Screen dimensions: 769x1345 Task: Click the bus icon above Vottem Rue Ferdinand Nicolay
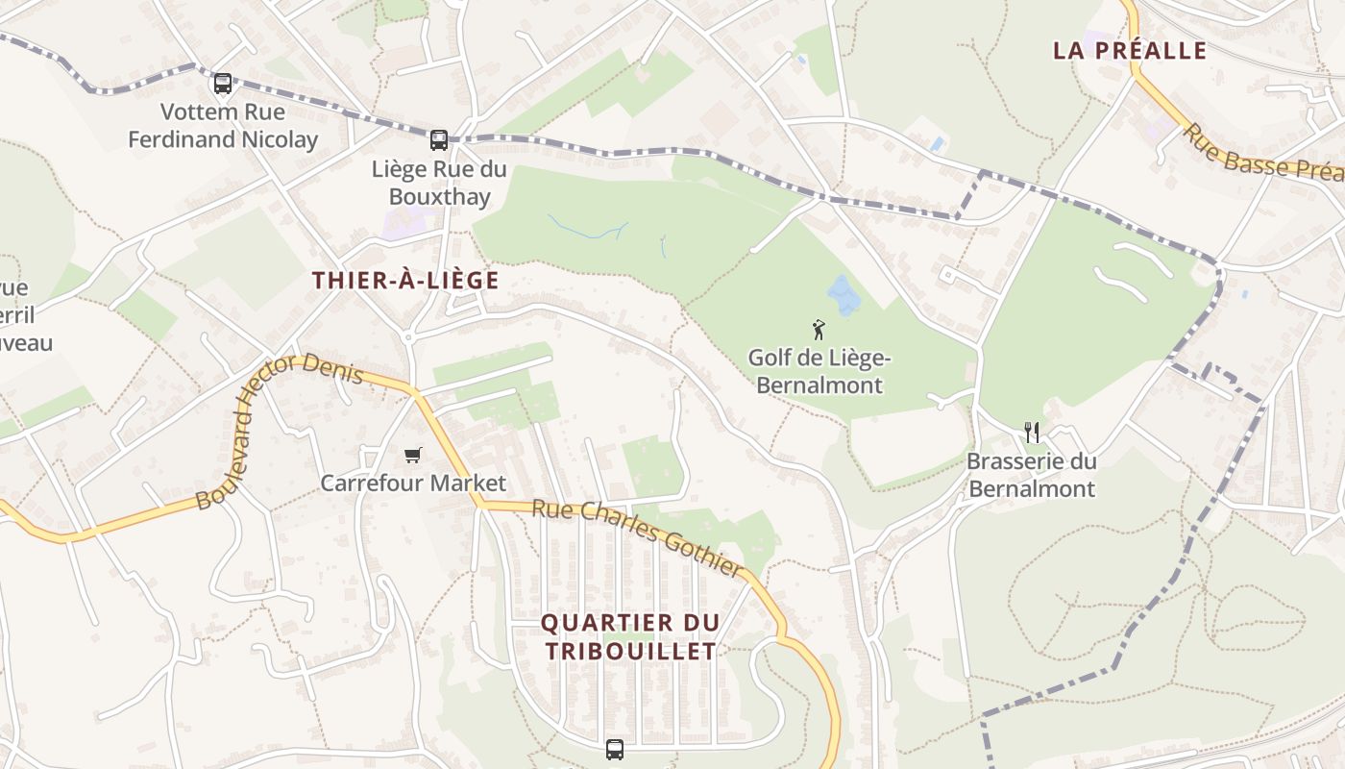click(x=223, y=84)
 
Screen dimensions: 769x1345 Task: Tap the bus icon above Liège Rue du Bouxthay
click(x=439, y=140)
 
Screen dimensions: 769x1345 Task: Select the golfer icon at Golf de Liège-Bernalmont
click(x=819, y=330)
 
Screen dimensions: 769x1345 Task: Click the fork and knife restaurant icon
click(x=1032, y=432)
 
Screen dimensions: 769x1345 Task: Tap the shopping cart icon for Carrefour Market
click(x=412, y=455)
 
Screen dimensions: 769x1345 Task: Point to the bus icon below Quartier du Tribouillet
click(x=615, y=749)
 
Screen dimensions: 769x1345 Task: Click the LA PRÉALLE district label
click(x=1129, y=51)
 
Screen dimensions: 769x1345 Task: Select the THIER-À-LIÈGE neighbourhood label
click(x=405, y=281)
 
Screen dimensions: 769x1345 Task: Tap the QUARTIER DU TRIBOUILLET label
click(x=630, y=636)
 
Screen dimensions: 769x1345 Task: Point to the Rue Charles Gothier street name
click(x=638, y=538)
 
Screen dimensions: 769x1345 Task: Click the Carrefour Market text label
click(x=412, y=483)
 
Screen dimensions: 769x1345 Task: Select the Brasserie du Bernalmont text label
click(x=1031, y=475)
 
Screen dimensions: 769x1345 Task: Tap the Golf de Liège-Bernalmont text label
click(x=819, y=372)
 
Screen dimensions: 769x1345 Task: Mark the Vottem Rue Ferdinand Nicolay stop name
click(x=223, y=126)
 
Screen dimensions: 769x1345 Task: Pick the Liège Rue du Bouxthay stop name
click(x=431, y=183)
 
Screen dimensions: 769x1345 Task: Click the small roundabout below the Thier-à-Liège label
click(x=408, y=337)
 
